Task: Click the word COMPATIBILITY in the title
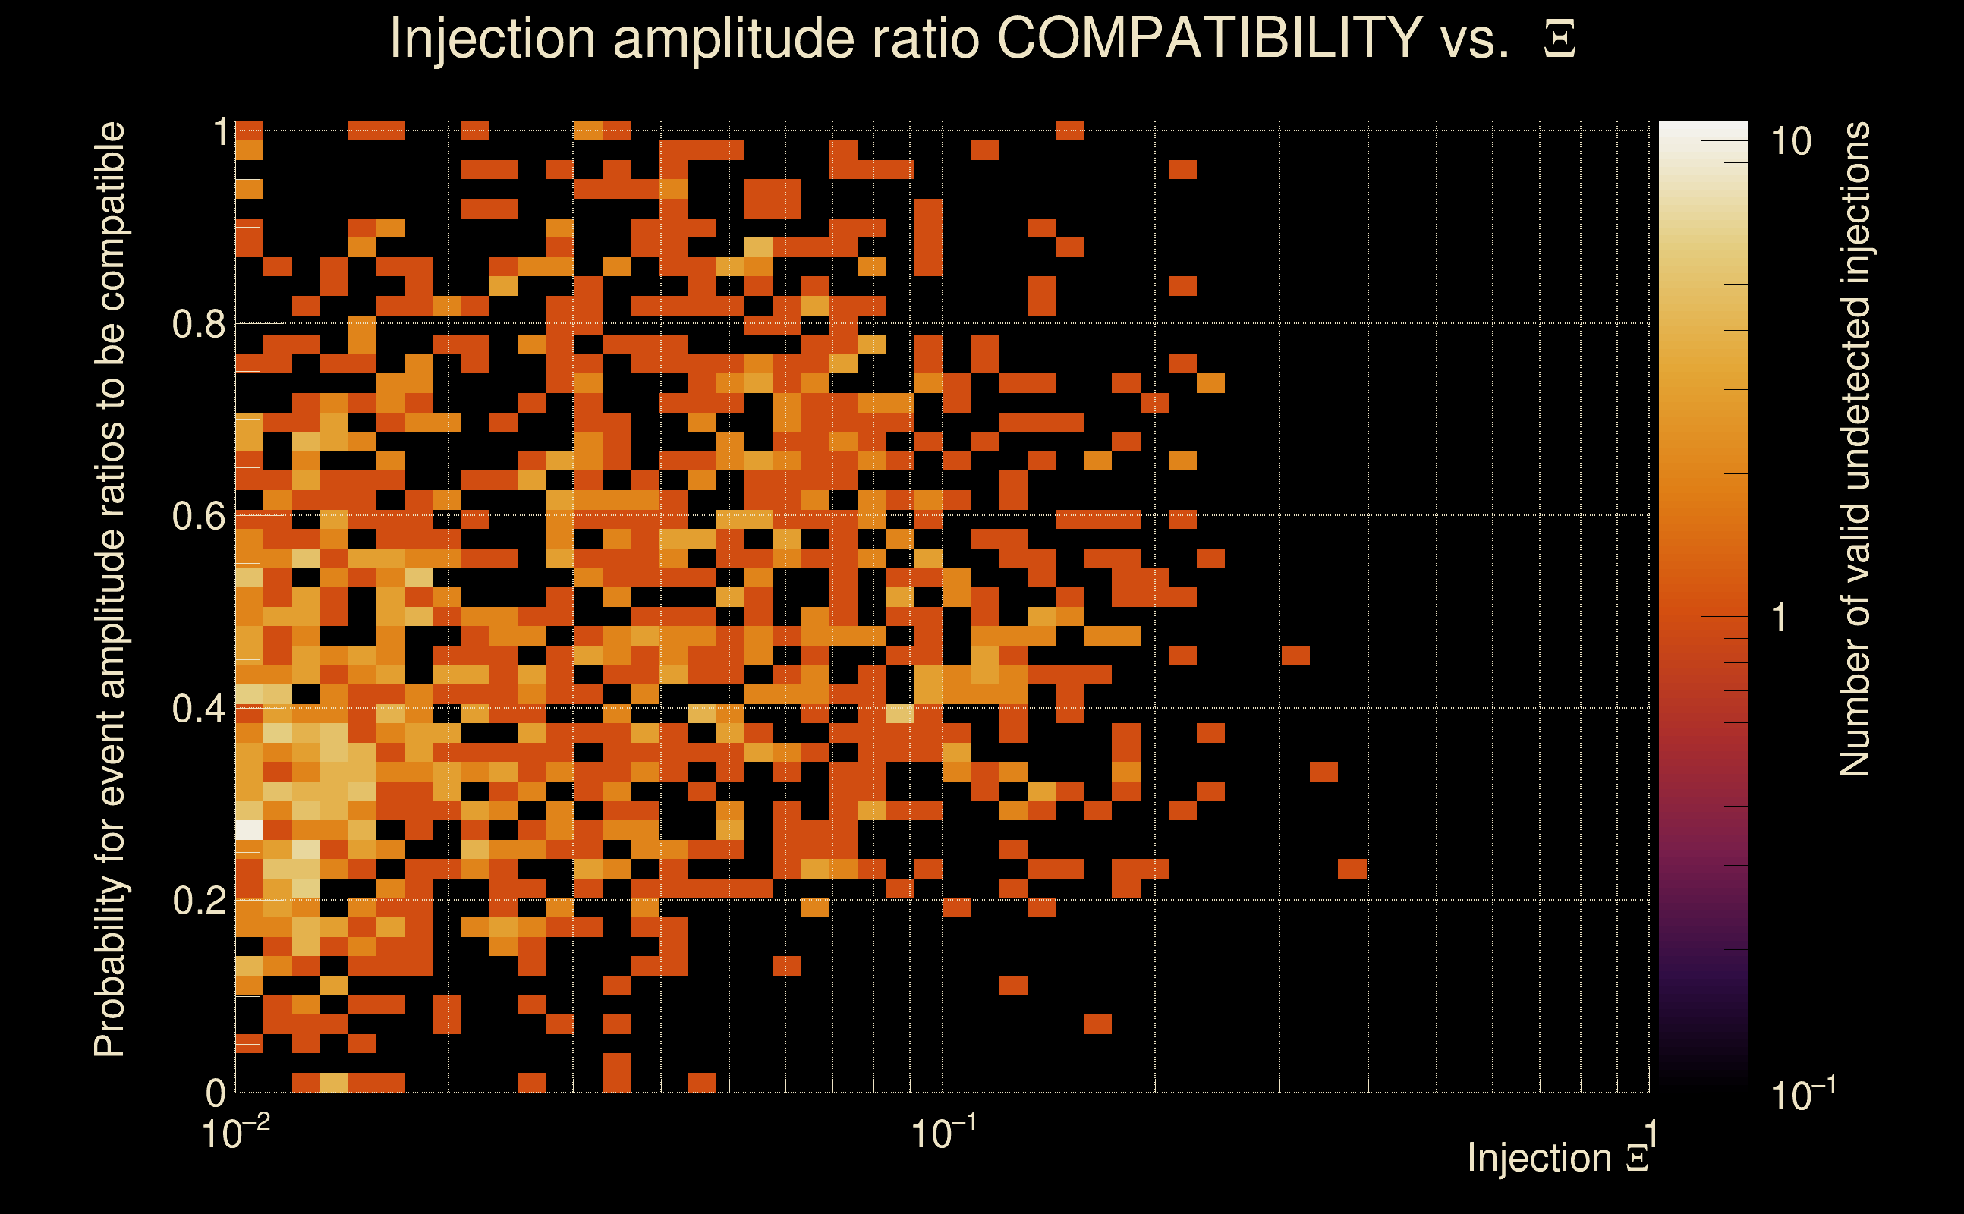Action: point(1209,38)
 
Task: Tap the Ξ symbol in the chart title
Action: point(1560,39)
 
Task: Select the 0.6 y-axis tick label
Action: point(199,515)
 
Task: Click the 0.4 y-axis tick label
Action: point(199,708)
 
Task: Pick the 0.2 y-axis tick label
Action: point(199,901)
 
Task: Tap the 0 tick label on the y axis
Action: point(216,1093)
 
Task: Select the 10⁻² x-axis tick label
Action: point(235,1134)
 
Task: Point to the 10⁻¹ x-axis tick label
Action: point(943,1134)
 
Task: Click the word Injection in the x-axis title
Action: point(1539,1158)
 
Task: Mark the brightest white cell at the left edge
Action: point(250,829)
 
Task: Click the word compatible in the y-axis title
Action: point(110,217)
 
